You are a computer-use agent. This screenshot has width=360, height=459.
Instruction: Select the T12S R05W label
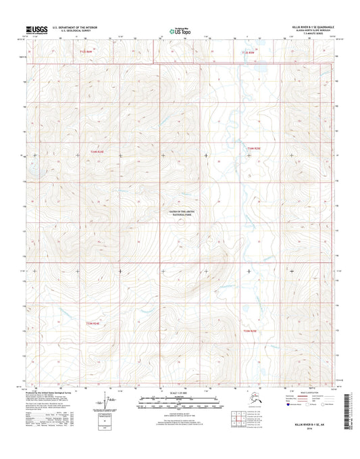click(249, 51)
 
